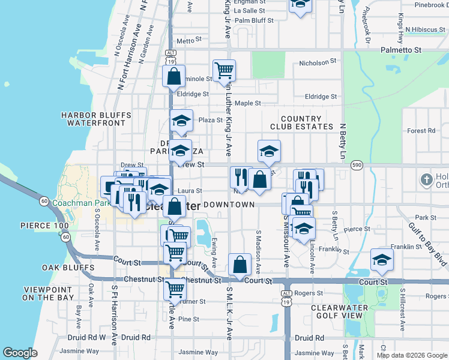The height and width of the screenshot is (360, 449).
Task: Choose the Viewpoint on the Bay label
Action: click(49, 293)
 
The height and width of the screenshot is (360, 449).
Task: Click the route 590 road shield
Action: click(357, 165)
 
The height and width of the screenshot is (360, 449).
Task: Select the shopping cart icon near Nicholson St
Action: click(224, 70)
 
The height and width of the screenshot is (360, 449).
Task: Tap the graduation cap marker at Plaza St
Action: click(181, 121)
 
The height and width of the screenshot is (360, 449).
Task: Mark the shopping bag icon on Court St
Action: click(240, 264)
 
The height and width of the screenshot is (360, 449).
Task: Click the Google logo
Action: click(20, 353)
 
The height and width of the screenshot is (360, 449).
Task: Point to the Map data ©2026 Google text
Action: click(412, 355)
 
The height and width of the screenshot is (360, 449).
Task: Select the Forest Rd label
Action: click(421, 131)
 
